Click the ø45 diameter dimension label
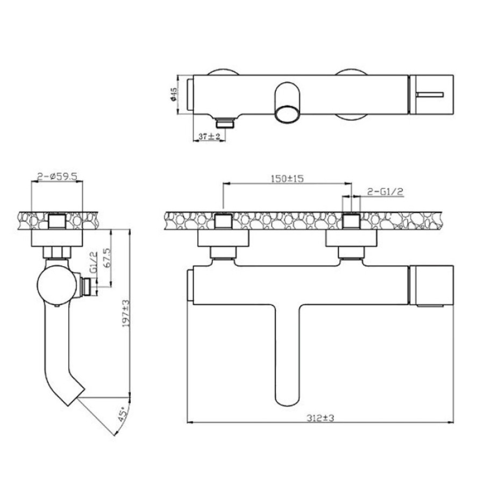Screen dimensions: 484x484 coord(174,94)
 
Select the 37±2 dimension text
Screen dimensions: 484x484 coord(209,136)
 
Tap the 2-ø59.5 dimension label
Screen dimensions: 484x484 coord(57,176)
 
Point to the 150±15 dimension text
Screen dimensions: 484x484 coord(287,179)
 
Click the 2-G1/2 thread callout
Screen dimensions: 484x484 coord(385,191)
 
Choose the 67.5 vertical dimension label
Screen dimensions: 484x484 coord(110,258)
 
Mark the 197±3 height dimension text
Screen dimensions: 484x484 coord(126,313)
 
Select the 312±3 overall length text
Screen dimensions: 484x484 coord(321,418)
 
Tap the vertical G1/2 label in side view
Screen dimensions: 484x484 coord(94,262)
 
